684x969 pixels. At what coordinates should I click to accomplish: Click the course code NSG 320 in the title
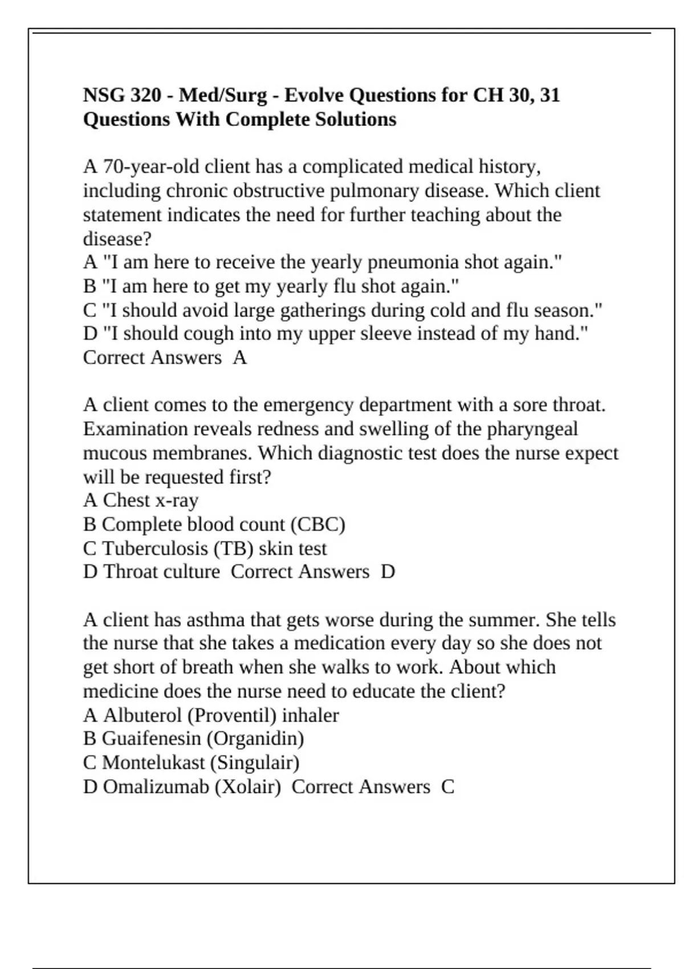point(123,95)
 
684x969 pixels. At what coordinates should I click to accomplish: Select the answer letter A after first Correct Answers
point(239,358)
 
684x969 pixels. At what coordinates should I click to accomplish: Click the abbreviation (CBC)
point(318,524)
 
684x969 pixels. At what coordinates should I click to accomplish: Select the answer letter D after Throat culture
point(388,572)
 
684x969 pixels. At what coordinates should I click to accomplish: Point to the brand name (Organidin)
point(255,739)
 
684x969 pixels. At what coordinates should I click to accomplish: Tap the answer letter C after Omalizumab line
point(447,787)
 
